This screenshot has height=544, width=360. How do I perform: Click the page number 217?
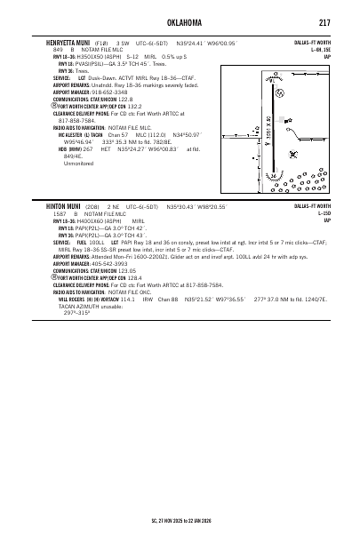tap(325, 21)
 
